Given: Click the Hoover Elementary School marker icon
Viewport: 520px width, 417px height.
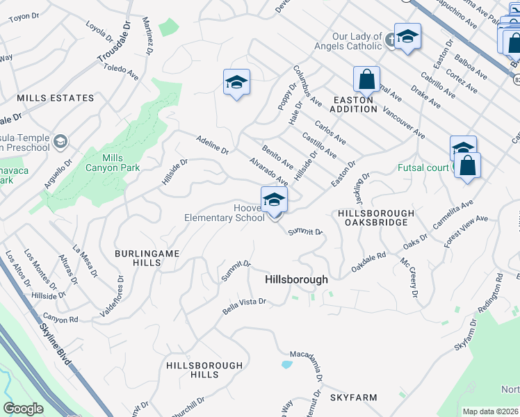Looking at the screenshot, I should click(x=275, y=200).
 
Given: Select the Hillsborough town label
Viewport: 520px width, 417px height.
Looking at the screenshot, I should click(x=296, y=279).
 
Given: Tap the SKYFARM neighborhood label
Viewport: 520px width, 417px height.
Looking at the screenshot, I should click(x=353, y=398).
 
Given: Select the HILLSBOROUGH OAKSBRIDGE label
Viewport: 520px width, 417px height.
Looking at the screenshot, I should click(x=375, y=218).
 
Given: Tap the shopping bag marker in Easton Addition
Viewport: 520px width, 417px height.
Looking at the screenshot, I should click(x=366, y=80).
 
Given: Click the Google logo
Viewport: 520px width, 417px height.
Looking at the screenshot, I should click(x=24, y=409).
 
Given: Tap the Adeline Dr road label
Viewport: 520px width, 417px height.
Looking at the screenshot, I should click(x=212, y=144).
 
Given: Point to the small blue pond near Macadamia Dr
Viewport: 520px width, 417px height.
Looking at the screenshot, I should click(x=286, y=363).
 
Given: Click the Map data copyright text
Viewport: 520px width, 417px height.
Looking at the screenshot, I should click(x=489, y=411).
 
